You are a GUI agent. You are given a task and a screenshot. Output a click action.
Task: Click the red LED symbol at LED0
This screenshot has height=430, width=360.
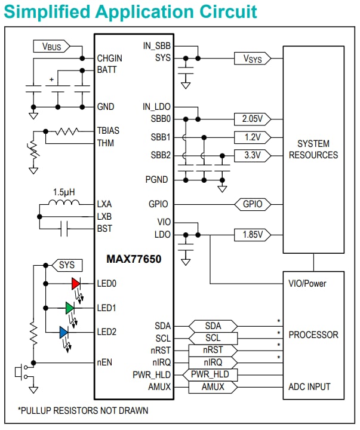coord(76,283)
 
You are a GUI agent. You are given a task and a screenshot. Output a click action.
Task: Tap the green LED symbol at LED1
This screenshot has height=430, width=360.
coord(70,308)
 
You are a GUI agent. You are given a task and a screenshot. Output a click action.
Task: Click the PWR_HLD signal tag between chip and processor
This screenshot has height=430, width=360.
coord(213,374)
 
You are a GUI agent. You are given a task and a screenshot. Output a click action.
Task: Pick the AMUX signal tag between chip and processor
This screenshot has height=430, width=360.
coord(213,387)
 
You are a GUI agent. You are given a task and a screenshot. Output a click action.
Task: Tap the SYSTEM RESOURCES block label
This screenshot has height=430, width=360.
coord(313,149)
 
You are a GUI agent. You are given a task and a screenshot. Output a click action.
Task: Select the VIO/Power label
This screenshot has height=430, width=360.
coord(307,283)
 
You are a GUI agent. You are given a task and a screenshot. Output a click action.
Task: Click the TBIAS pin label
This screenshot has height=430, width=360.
coord(109,130)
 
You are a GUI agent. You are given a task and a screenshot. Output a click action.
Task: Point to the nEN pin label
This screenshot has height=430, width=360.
coord(105,362)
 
